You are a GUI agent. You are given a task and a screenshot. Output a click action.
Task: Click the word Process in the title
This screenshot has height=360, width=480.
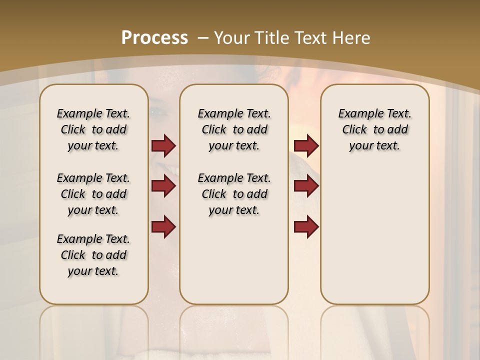(x=154, y=37)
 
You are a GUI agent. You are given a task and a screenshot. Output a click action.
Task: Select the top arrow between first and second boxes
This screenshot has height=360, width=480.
(x=163, y=146)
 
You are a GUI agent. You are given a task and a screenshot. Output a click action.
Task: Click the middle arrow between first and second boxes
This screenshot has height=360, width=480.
(x=163, y=186)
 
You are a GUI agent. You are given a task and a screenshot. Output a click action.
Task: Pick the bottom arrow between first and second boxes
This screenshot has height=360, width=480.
(x=163, y=227)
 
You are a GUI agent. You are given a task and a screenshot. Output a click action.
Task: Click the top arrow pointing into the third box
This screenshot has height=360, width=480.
(x=306, y=146)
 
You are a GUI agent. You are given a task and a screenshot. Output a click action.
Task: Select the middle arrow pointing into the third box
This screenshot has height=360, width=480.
(x=306, y=186)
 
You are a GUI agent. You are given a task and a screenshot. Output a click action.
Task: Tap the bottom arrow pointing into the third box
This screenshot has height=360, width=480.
(x=306, y=227)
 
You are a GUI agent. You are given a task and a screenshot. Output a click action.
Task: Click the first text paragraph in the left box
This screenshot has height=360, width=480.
(x=93, y=129)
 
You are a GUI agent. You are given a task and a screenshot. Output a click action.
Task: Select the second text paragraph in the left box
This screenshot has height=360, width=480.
(x=93, y=194)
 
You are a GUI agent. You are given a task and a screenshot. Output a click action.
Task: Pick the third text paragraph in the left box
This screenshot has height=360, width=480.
(x=93, y=255)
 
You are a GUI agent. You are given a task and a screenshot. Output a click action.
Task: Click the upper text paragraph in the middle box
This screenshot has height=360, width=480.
(x=234, y=129)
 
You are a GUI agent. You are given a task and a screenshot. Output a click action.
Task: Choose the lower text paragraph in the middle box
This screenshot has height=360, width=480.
(x=234, y=194)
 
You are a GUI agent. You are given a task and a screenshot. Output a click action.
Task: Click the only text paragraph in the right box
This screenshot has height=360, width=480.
(x=374, y=129)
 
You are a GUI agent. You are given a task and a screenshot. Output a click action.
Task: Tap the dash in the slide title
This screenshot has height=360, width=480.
(x=203, y=37)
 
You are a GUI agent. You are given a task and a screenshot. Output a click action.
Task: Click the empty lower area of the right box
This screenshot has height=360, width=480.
(x=374, y=240)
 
